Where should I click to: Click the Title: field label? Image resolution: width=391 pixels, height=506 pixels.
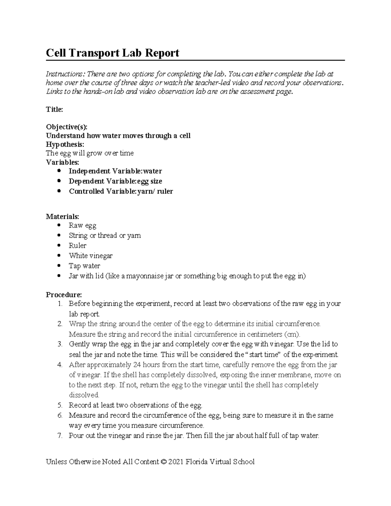point(54,109)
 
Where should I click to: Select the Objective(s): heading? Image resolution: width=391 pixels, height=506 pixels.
point(67,127)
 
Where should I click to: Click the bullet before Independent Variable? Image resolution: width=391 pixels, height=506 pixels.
point(59,171)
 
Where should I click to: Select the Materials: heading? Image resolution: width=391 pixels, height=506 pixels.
point(62,216)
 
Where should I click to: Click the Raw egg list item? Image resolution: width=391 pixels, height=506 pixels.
point(82,225)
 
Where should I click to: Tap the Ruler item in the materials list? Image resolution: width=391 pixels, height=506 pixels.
point(78,246)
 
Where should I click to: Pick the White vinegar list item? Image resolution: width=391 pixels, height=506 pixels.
point(91,256)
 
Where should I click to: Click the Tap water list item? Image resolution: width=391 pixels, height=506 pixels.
point(84,266)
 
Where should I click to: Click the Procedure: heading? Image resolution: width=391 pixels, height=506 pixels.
point(64,295)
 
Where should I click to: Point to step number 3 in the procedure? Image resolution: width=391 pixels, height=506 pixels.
point(60,344)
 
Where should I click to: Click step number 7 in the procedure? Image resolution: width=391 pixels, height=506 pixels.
point(60,436)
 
